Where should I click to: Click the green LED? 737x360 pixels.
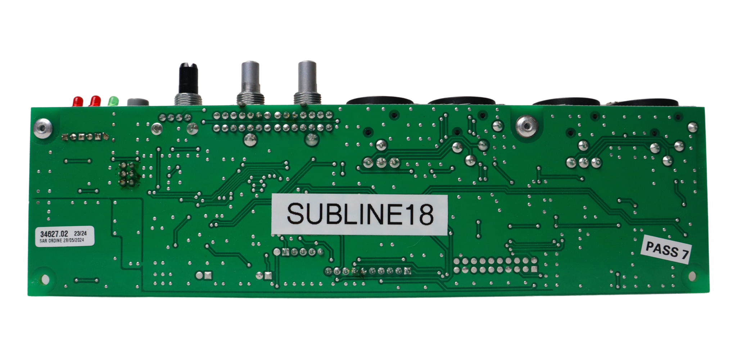113,101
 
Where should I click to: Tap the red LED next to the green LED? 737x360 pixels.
95,101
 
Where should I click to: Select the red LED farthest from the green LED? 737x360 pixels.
78,101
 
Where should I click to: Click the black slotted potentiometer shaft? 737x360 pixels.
188,78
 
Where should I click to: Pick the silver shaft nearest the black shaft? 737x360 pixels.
250,77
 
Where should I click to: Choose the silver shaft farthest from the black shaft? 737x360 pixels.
307,77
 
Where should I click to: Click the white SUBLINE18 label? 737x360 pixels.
360,214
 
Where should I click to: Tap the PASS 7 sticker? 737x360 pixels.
666,249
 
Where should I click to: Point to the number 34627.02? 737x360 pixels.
54,234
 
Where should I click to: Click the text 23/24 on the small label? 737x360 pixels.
80,233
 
